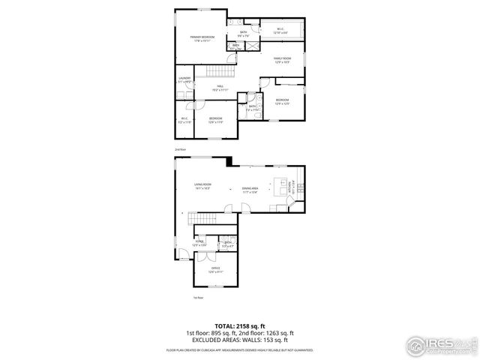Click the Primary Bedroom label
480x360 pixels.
pyautogui.click(x=202, y=38)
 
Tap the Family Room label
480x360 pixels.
pyautogui.click(x=281, y=59)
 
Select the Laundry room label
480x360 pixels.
pyautogui.click(x=184, y=79)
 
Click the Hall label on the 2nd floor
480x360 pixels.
pyautogui.click(x=220, y=88)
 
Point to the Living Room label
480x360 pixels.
pyautogui.click(x=202, y=186)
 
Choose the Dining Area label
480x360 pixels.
pyautogui.click(x=250, y=190)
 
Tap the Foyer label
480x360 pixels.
pyautogui.click(x=199, y=243)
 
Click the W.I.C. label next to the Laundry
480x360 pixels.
pyautogui.click(x=184, y=120)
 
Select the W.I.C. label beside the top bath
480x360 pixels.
pyautogui.click(x=279, y=31)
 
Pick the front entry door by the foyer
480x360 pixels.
pyautogui.click(x=180, y=259)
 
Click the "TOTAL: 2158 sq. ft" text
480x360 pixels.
pyautogui.click(x=239, y=325)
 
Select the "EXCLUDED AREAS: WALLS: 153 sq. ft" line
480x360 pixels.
pyautogui.click(x=239, y=340)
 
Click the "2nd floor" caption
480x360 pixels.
pyautogui.click(x=179, y=149)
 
